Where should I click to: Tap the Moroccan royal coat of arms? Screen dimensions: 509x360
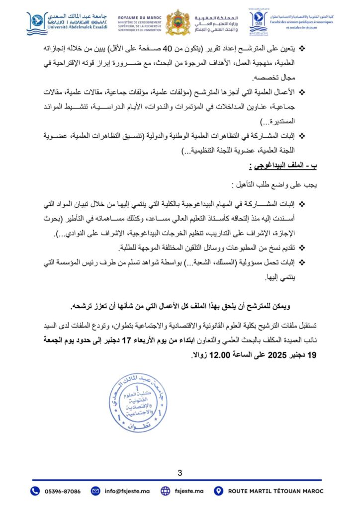tap(178, 22)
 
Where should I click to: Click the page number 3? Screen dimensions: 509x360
tap(180, 472)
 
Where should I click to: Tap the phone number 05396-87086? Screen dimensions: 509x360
tap(62, 491)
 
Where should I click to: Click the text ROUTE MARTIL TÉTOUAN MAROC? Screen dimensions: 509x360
tap(275, 491)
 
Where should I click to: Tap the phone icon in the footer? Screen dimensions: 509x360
tap(35, 491)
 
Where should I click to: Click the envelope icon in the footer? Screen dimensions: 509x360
tap(95, 491)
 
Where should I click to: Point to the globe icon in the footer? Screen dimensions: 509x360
tap(166, 491)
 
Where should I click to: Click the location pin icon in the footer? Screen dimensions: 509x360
tap(218, 491)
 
